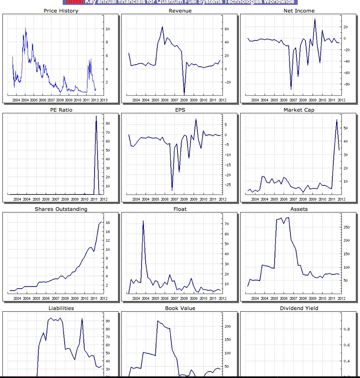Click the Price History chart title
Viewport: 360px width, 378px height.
point(61,11)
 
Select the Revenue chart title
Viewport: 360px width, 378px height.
point(180,11)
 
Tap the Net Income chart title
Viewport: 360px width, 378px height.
point(299,11)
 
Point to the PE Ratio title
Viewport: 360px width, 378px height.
point(61,110)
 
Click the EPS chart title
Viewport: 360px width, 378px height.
point(180,110)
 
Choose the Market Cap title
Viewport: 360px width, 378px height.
point(299,110)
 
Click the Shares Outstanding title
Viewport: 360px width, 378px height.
point(61,209)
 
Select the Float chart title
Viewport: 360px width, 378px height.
point(180,209)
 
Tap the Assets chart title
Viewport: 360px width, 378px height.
point(299,209)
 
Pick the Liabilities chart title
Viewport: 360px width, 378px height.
point(61,308)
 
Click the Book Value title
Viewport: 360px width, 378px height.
point(180,308)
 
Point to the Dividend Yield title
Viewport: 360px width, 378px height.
point(299,308)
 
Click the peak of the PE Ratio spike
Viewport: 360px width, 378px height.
point(96,116)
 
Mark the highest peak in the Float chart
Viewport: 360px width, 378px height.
point(143,221)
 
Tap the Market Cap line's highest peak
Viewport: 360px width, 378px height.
point(337,120)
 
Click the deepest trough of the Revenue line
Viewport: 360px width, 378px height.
point(184,93)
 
